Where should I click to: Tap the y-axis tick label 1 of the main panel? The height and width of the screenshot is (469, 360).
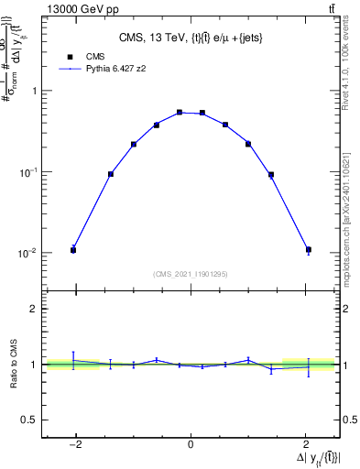[x=35, y=91]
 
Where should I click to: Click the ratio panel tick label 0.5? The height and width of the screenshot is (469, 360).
[x=31, y=420]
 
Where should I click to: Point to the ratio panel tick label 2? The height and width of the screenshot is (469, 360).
[x=35, y=310]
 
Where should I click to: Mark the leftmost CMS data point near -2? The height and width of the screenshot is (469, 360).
[x=73, y=250]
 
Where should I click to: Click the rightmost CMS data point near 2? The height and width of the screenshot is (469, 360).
[x=309, y=250]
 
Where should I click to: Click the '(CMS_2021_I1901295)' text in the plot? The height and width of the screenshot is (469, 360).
[x=191, y=274]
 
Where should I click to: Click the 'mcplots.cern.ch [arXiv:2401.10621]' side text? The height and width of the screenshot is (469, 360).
[x=349, y=221]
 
